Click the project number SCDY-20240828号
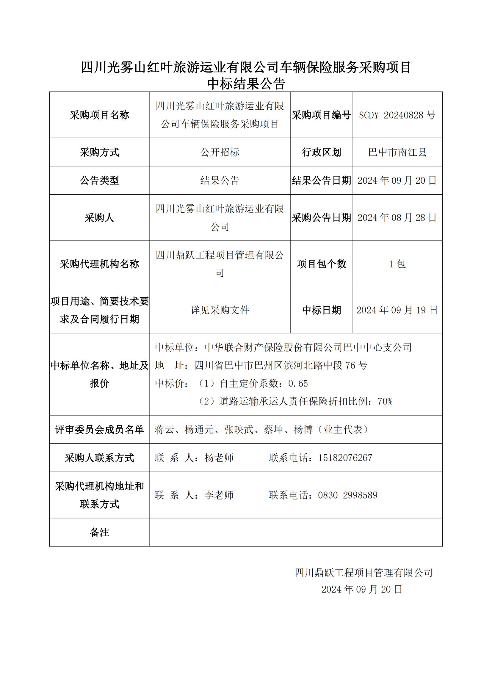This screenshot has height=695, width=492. click(397, 115)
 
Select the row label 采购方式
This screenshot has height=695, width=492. click(99, 152)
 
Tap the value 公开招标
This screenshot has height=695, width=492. click(220, 152)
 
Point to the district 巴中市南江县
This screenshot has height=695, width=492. click(397, 152)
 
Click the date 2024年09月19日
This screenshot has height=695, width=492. click(397, 310)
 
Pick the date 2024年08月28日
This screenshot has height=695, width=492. click(397, 218)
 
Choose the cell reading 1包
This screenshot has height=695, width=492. click(397, 264)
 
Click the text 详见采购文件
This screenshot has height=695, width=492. click(220, 310)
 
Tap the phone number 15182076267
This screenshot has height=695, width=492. click(345, 458)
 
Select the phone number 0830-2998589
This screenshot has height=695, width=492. click(347, 495)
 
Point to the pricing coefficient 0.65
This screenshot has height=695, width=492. click(298, 384)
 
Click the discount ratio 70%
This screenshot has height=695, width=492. click(385, 402)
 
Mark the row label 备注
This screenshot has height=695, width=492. click(99, 532)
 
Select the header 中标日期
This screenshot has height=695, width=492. click(322, 310)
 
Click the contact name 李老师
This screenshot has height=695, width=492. click(219, 495)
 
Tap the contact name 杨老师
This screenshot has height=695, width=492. click(219, 458)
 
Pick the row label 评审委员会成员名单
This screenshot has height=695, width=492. click(99, 430)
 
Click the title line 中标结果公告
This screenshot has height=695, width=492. click(246, 84)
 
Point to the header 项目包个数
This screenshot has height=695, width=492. click(322, 264)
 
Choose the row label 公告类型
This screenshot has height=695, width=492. click(99, 180)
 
